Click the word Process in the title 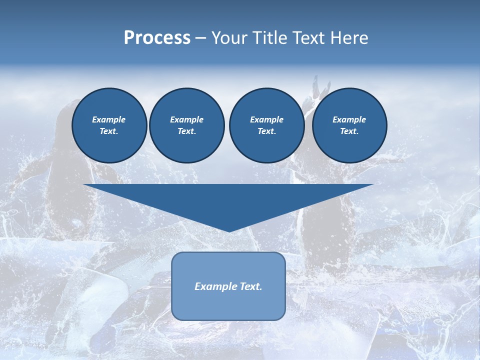point(157,38)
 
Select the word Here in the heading point(349,38)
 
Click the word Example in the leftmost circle point(109,119)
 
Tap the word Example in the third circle point(266,119)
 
